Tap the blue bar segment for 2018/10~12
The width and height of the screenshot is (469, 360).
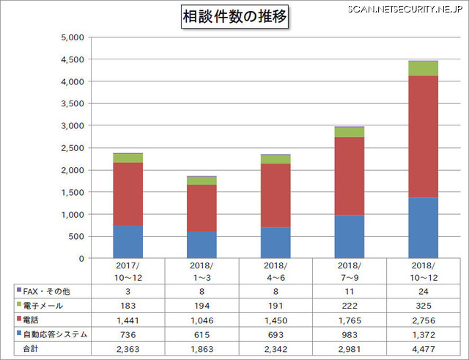click(x=423, y=228)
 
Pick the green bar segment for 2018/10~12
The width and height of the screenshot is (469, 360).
click(x=423, y=68)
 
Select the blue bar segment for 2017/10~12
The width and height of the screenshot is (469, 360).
click(x=128, y=242)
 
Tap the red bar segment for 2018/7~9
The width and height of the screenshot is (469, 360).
click(x=349, y=176)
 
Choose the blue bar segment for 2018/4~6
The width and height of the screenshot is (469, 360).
click(x=276, y=243)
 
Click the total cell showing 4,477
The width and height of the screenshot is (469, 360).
click(x=423, y=349)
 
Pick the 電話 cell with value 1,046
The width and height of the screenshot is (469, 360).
click(x=202, y=320)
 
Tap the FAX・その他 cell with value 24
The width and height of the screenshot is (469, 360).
click(x=423, y=291)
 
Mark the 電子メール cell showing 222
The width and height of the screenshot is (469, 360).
click(x=349, y=305)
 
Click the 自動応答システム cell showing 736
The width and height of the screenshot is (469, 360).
click(x=128, y=334)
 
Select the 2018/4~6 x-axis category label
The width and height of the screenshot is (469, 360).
click(x=276, y=270)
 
